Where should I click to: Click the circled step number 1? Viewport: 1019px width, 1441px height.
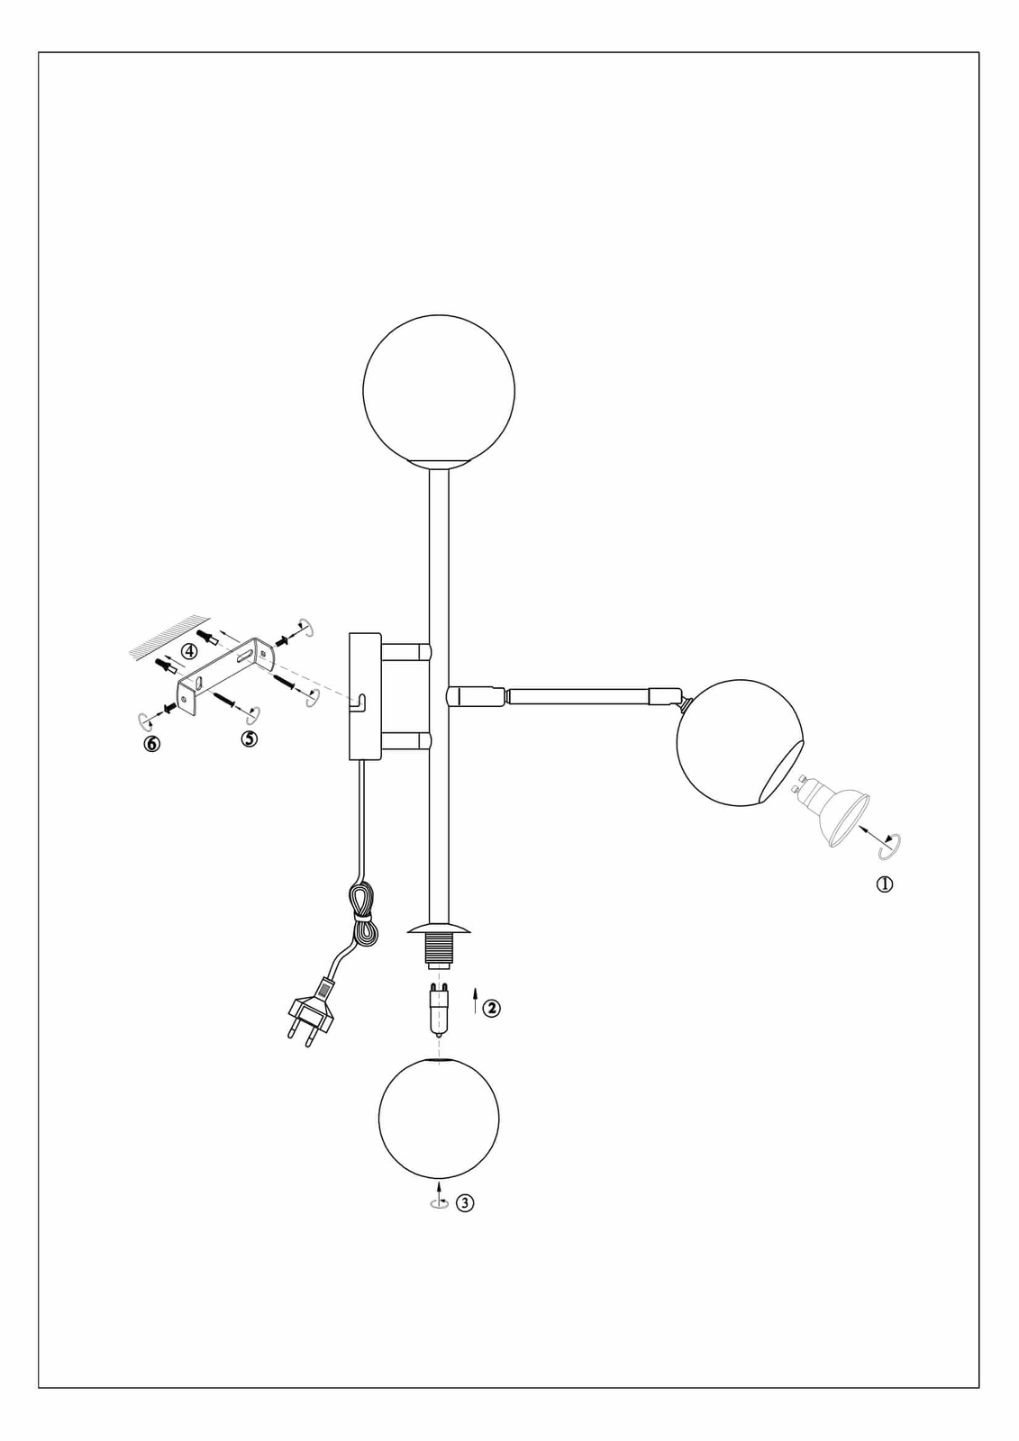point(885,884)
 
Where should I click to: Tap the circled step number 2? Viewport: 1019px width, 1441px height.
point(491,1008)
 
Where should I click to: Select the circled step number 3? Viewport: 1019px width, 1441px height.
point(465,1202)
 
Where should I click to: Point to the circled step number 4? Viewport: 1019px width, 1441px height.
point(189,650)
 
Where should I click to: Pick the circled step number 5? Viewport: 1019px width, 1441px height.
point(250,739)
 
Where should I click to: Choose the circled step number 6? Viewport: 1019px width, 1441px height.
point(152,744)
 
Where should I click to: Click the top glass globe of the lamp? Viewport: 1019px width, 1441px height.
point(439,389)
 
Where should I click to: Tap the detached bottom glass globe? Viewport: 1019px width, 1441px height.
point(439,1118)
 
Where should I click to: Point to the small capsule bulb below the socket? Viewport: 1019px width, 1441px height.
point(439,1010)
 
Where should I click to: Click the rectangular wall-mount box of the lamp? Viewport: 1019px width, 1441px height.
point(365,696)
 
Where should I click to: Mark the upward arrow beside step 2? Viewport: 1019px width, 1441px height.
point(474,1001)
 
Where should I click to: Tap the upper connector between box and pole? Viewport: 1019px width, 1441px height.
point(405,650)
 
